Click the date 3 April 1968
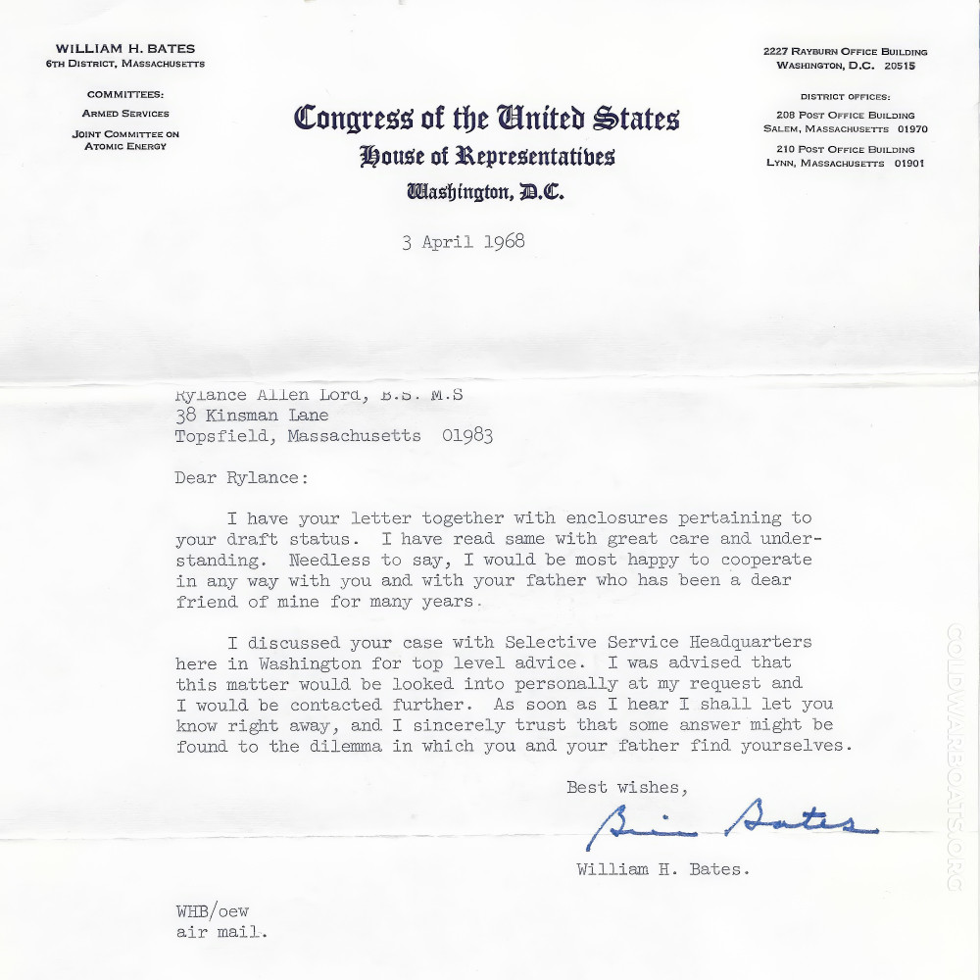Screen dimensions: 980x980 coord(463,242)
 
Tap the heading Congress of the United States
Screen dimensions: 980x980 coord(486,119)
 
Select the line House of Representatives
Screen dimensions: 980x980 coord(486,156)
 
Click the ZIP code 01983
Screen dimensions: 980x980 coord(466,436)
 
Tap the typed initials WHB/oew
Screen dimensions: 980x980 coord(213,911)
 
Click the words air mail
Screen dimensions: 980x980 coord(221,932)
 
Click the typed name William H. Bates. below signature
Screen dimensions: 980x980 coord(663,869)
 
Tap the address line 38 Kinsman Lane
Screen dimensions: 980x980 coord(252,416)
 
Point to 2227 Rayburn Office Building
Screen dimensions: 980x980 coord(845,52)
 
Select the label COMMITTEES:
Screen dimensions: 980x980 coord(125,95)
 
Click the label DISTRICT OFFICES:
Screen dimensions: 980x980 coord(845,97)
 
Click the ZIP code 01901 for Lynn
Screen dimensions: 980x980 coord(906,164)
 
